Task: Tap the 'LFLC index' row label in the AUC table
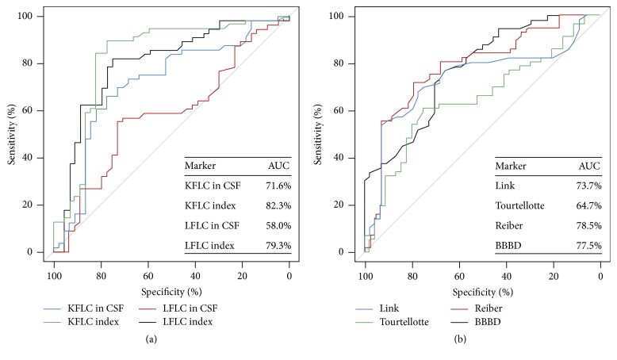[210, 246]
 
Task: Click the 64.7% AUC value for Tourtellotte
[588, 205]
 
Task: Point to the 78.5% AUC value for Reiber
[588, 225]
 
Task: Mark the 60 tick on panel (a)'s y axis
[29, 110]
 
